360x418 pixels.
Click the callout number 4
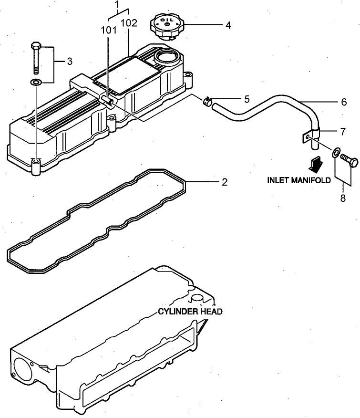coord(228,25)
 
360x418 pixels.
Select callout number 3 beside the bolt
coord(69,61)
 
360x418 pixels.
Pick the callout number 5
coord(247,99)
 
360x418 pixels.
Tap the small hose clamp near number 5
coord(207,101)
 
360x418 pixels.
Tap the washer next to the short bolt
coord(337,153)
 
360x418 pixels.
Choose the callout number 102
coord(129,22)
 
